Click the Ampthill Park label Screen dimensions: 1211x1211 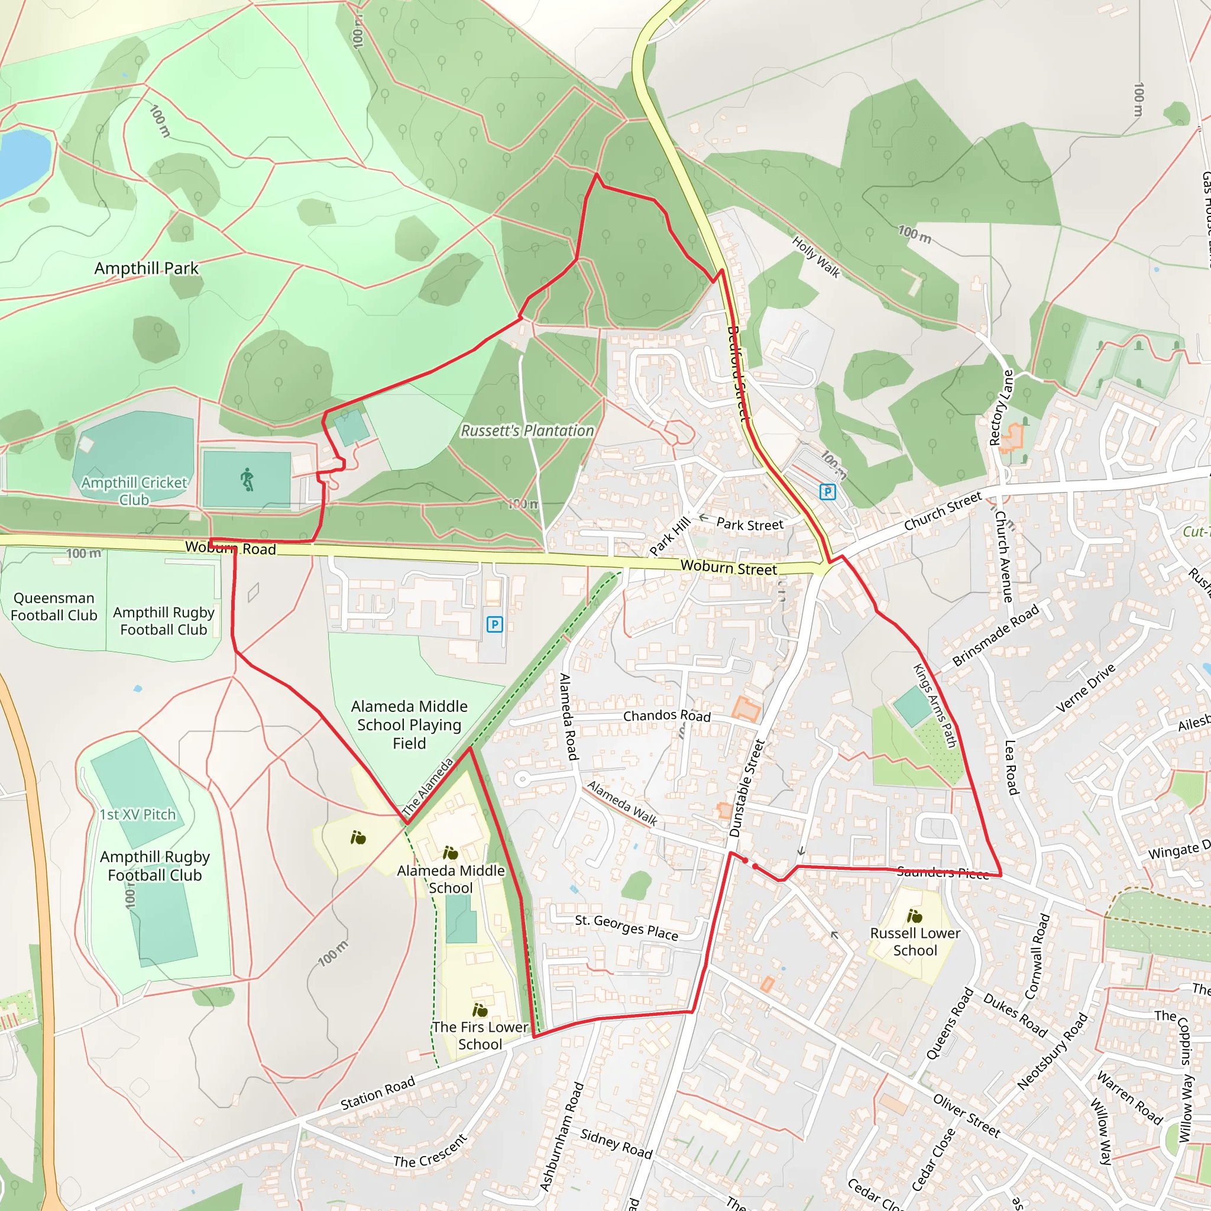pos(146,268)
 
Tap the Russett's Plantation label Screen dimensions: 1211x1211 pos(527,430)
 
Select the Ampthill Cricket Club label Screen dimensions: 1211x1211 pos(134,491)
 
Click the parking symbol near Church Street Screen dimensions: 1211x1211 pos(827,492)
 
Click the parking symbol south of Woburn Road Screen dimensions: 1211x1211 pos(494,624)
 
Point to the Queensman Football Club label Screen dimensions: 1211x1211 pos(54,607)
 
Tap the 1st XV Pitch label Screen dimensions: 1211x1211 pos(138,814)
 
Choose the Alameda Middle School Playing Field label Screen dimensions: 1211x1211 pos(409,724)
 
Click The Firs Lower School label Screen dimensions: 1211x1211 pos(480,1035)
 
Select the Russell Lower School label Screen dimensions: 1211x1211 pos(915,941)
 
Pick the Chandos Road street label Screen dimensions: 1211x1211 pos(666,715)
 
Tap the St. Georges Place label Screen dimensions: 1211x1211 pos(626,928)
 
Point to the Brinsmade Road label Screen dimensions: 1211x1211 pos(995,635)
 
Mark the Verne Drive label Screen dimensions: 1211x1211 pos(1085,688)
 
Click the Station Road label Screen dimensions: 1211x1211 pos(377,1093)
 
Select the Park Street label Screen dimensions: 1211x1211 pos(750,524)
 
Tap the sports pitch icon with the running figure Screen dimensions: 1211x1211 pos(247,480)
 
